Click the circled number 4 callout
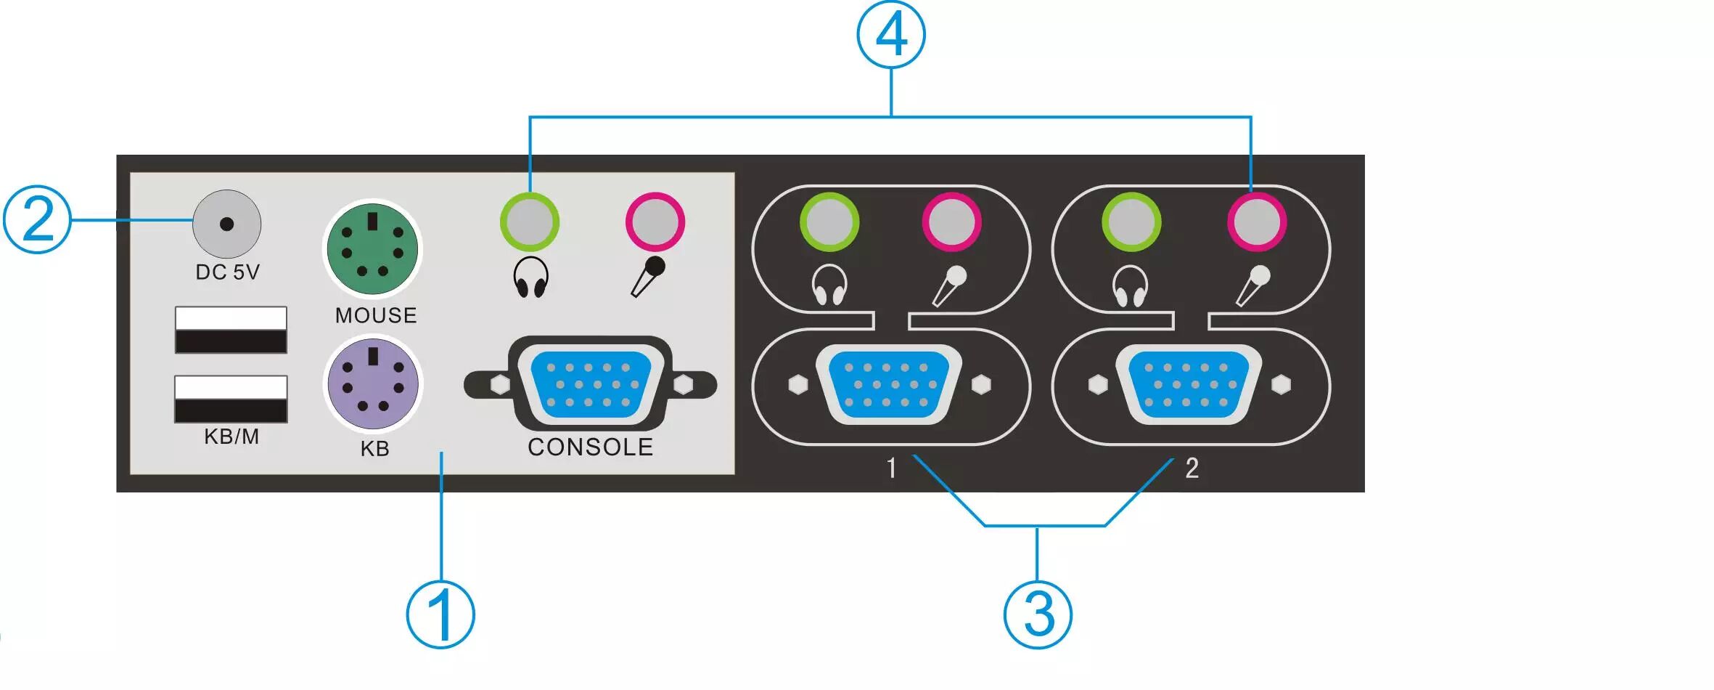point(890,34)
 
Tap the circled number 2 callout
point(37,219)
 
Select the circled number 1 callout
point(440,614)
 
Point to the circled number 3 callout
point(1038,614)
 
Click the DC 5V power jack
point(226,224)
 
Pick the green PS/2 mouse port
point(372,249)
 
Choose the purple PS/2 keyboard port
point(372,383)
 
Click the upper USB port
point(231,330)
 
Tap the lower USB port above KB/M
point(231,399)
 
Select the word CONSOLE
point(590,447)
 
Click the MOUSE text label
point(376,315)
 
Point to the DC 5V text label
point(227,272)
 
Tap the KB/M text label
point(231,437)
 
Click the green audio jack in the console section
point(530,222)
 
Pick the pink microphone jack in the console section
point(655,222)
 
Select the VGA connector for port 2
point(1189,384)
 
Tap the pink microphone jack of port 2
point(1257,222)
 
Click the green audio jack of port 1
point(829,222)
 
